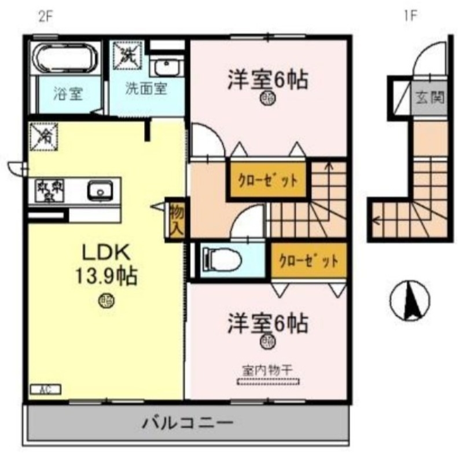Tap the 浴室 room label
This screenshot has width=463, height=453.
67,93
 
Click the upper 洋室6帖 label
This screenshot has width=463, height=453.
267,79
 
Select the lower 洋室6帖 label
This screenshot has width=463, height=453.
267,323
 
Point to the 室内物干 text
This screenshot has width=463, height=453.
268,368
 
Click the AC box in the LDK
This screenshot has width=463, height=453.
45,389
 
